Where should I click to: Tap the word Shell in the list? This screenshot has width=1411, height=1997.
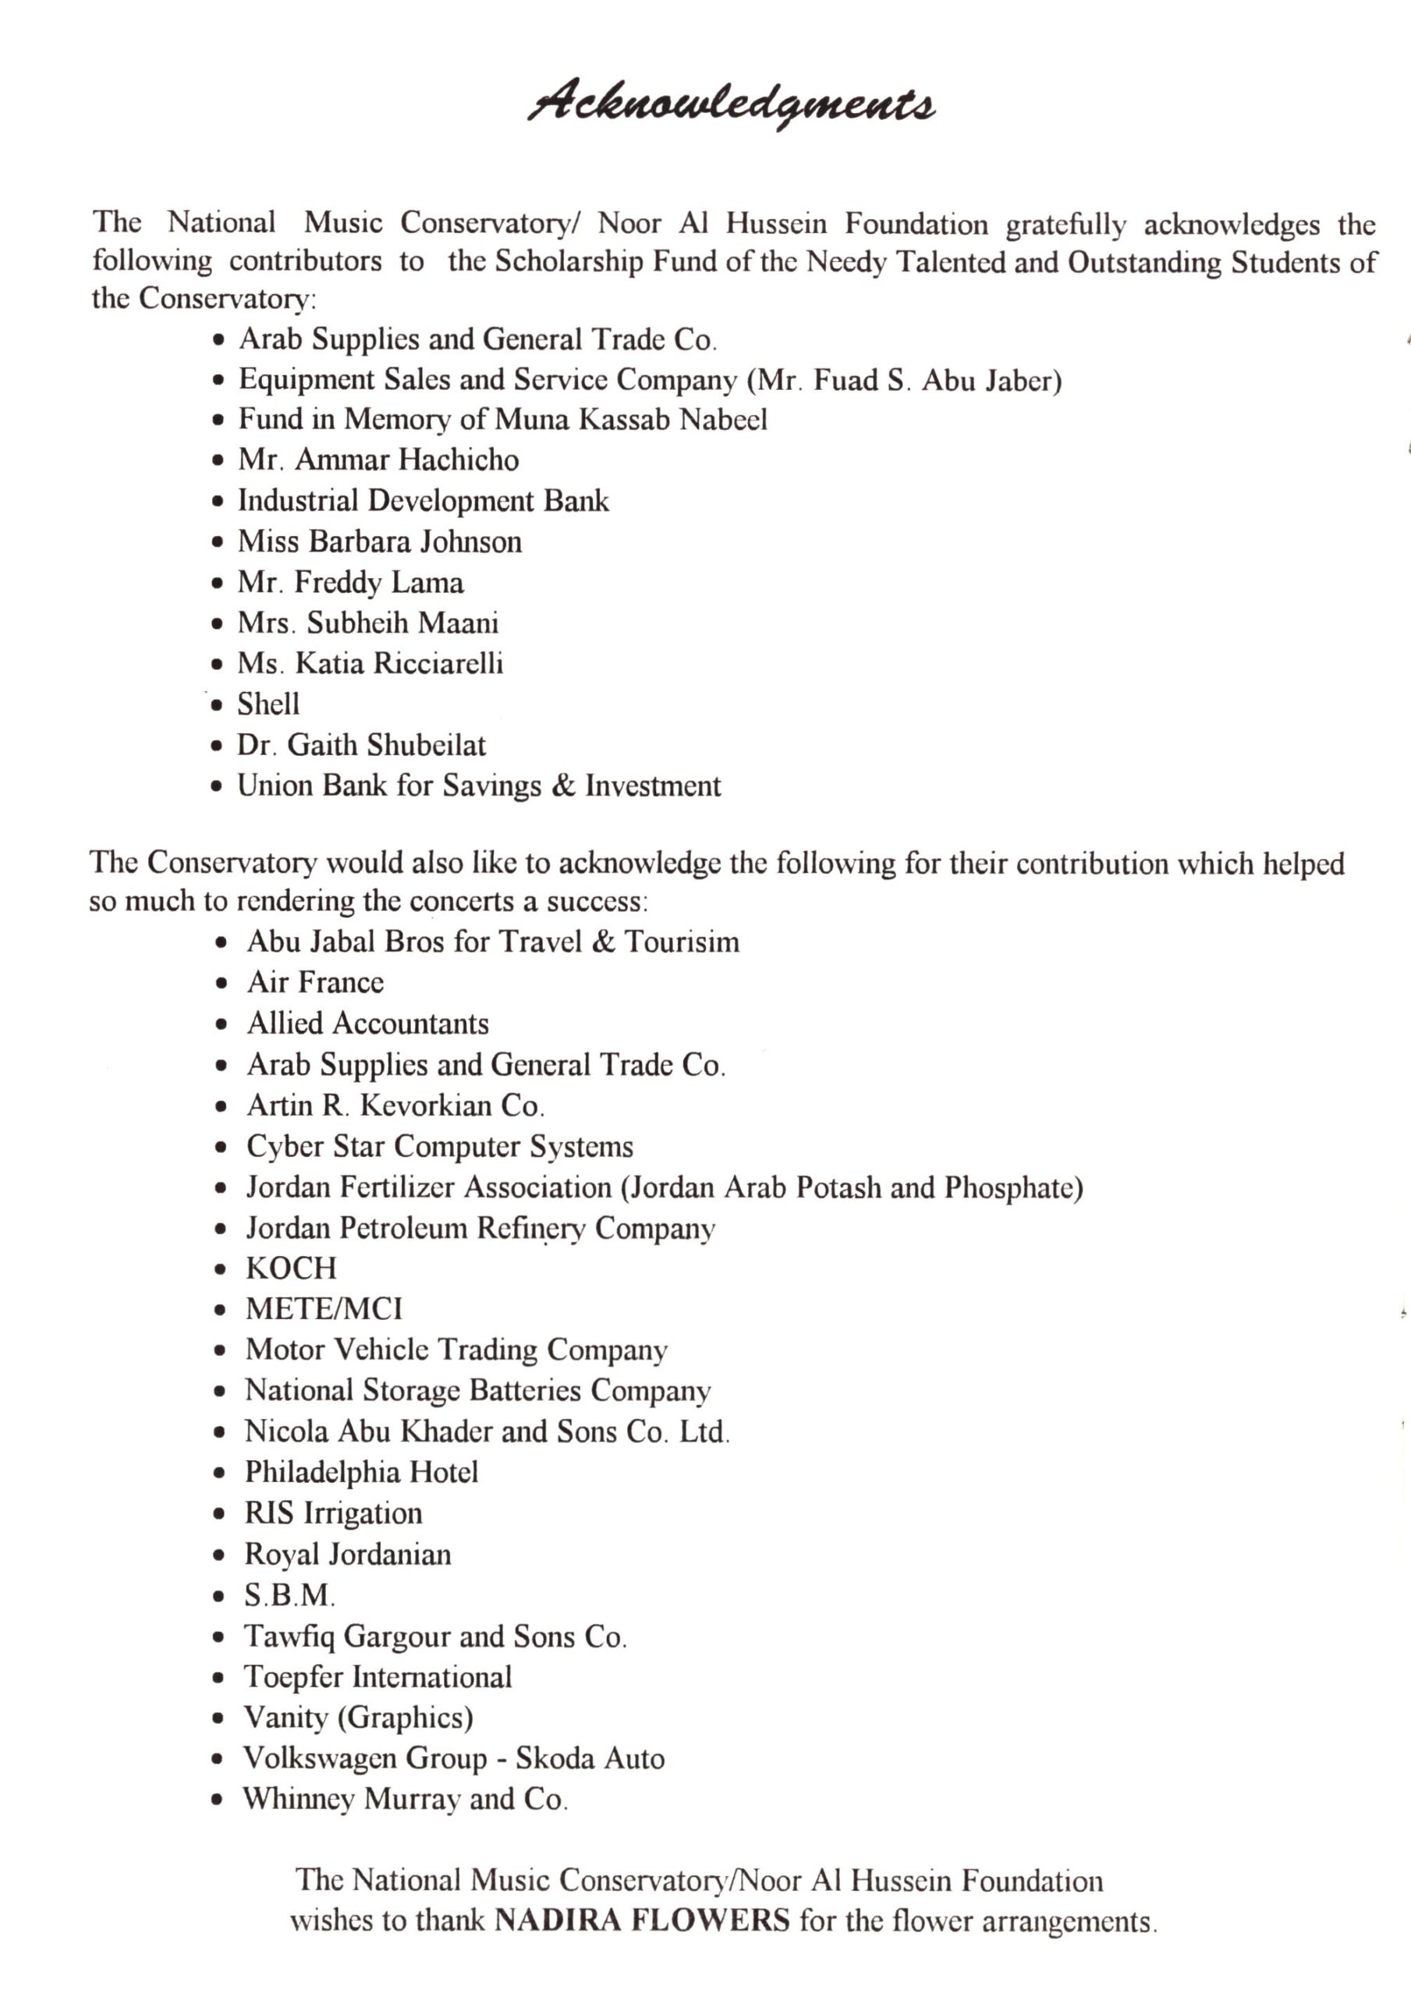(x=268, y=704)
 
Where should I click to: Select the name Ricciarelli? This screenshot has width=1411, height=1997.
(x=438, y=664)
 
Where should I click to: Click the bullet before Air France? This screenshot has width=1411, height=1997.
(x=223, y=984)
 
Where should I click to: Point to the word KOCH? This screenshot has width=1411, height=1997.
(x=291, y=1268)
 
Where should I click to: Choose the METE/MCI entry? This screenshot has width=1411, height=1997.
(x=324, y=1309)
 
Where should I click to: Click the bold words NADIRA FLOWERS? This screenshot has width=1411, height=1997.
(x=642, y=1920)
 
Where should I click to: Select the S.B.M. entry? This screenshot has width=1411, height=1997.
(x=289, y=1595)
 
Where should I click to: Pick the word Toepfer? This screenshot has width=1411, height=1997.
(x=292, y=1676)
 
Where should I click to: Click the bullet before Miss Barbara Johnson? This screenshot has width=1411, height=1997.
(x=218, y=543)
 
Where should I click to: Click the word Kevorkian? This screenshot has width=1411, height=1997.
(x=425, y=1105)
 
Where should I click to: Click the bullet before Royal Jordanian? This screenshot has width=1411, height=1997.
(x=221, y=1555)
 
